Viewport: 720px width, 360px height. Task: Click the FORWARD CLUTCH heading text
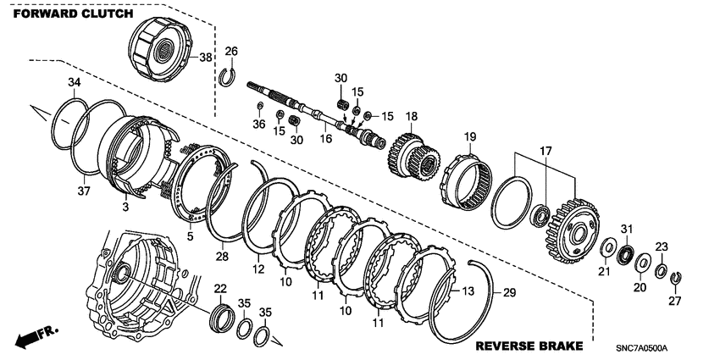(x=73, y=14)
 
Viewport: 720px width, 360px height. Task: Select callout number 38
(x=204, y=58)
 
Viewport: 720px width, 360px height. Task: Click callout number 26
(x=231, y=52)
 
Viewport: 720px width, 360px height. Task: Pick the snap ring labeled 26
(x=226, y=77)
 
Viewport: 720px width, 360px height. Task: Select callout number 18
(x=412, y=117)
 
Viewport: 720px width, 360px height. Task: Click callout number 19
(x=470, y=136)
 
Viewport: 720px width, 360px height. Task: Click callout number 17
(x=544, y=150)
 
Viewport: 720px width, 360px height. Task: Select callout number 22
(x=219, y=289)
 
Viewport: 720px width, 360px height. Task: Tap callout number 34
(x=74, y=81)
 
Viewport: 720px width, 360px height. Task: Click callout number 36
(x=258, y=124)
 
